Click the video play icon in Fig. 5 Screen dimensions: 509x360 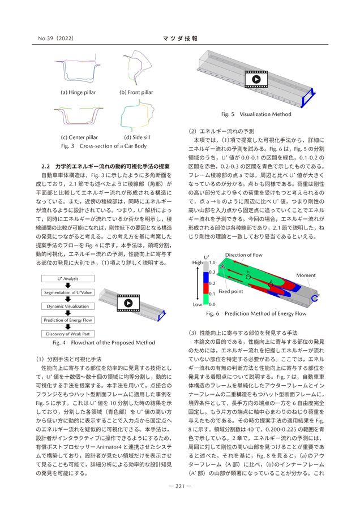point(256,80)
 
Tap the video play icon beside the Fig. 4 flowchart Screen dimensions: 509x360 point(128,303)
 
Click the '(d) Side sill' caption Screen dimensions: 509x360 point(138,137)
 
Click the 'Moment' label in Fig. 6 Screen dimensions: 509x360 point(306,275)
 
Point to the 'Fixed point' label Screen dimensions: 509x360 point(230,291)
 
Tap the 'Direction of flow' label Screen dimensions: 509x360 point(243,256)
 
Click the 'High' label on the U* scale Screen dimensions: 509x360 point(198,263)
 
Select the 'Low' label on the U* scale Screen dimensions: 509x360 point(198,304)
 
